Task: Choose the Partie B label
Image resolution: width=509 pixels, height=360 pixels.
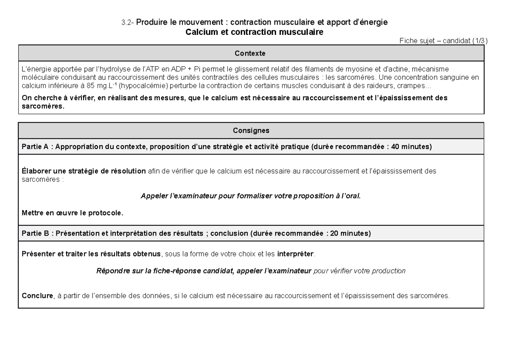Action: tap(36, 233)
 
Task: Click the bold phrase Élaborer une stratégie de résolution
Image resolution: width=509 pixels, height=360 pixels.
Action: tap(84, 171)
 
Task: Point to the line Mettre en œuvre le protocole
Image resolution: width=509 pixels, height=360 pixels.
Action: tap(73, 213)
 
